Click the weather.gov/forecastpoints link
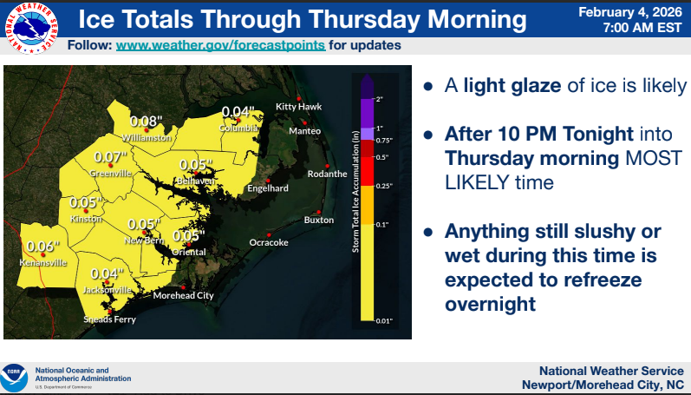[x=220, y=44]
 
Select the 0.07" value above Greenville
[x=110, y=157]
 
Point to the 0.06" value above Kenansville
[x=41, y=246]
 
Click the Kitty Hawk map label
[x=298, y=107]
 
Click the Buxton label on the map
[x=318, y=220]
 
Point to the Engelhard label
[x=267, y=188]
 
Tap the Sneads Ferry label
[x=109, y=319]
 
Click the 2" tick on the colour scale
[x=379, y=99]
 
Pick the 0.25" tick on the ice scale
[x=382, y=185]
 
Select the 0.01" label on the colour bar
[x=383, y=320]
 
